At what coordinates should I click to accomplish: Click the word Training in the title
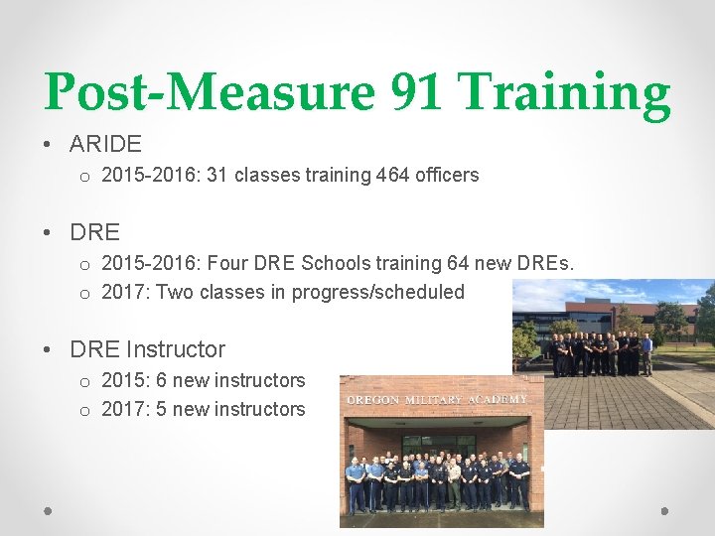point(564,92)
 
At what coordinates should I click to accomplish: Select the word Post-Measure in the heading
point(210,92)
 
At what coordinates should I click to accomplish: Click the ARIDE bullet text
point(105,144)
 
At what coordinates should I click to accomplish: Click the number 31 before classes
point(216,176)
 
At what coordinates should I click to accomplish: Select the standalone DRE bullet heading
point(94,232)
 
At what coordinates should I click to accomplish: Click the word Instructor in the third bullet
point(176,349)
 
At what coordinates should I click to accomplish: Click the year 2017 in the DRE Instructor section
point(124,409)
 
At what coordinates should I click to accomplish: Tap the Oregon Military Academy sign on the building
point(436,399)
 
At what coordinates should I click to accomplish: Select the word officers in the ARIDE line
point(448,176)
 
